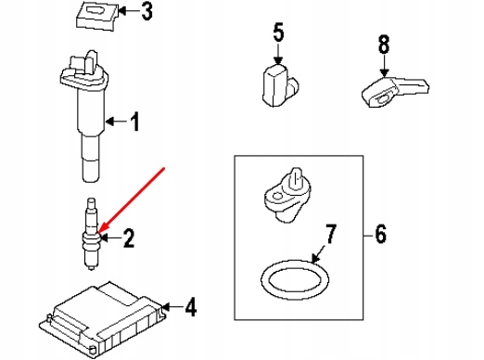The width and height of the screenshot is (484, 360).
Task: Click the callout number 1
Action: click(x=134, y=122)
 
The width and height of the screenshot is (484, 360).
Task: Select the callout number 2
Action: click(x=129, y=238)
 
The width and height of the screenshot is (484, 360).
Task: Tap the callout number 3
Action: click(x=146, y=11)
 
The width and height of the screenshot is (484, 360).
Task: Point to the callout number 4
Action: click(x=191, y=307)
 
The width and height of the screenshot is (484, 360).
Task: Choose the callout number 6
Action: click(x=380, y=234)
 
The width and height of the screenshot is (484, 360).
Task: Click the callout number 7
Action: click(x=330, y=234)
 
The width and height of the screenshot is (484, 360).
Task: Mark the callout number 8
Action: click(x=384, y=45)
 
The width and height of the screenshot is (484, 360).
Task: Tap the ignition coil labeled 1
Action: click(x=85, y=116)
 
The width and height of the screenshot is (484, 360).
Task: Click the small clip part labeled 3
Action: click(x=97, y=16)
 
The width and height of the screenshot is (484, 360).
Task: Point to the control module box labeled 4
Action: click(x=102, y=318)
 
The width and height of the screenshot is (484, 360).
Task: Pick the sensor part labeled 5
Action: click(x=280, y=85)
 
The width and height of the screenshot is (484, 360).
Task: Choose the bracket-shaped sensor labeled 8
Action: click(x=395, y=92)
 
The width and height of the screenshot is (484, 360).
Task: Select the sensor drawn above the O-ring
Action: click(x=287, y=196)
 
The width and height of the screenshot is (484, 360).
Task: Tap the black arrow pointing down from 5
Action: click(x=278, y=54)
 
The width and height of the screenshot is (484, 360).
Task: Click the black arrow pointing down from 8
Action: click(x=384, y=66)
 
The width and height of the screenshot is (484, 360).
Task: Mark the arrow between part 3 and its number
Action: click(x=129, y=11)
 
